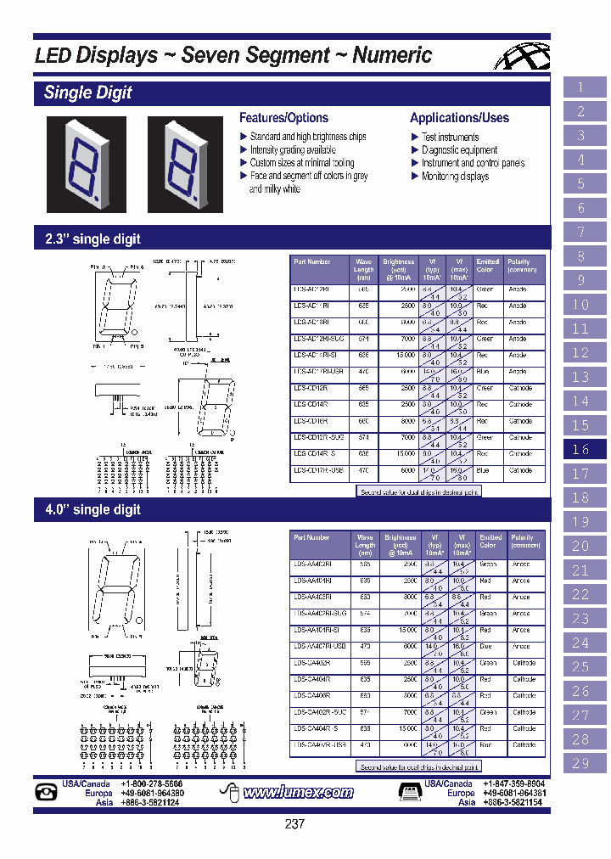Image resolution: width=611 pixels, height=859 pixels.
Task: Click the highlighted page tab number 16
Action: point(580,450)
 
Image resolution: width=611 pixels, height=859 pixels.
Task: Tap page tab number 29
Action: point(580,763)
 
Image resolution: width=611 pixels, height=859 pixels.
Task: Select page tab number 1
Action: point(580,87)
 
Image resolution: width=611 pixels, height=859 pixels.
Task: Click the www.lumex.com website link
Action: point(298,793)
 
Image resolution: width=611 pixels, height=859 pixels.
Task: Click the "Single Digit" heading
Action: point(88,93)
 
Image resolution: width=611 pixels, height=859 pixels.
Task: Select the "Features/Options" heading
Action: point(283,118)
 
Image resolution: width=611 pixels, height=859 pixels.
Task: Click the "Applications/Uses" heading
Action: point(459,118)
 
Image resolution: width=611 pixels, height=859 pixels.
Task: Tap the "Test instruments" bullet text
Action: point(450,137)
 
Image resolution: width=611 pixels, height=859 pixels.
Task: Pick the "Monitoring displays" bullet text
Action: point(455,177)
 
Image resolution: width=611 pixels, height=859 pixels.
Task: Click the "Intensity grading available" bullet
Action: point(293,150)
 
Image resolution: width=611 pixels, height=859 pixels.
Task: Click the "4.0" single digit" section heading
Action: point(92,510)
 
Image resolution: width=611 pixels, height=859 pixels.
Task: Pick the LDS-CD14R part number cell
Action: point(311,405)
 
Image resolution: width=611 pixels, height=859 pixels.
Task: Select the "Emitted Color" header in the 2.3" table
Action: point(487,267)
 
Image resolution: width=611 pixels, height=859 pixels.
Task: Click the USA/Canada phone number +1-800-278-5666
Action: point(151,784)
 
